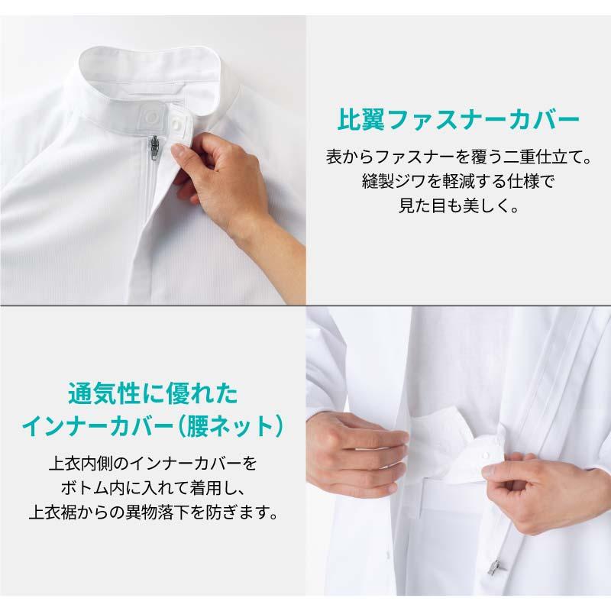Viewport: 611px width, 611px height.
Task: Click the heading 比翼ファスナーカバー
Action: (458, 119)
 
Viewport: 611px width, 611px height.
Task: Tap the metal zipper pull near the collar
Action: (155, 147)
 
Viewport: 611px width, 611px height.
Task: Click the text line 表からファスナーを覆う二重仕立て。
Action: (458, 157)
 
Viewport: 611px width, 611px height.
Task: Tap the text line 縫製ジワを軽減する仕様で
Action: (458, 181)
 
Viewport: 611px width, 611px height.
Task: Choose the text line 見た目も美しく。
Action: (458, 205)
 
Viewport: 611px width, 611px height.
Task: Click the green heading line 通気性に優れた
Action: (153, 393)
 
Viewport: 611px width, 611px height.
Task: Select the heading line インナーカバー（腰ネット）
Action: (153, 427)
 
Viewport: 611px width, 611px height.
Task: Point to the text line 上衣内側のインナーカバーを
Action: (153, 464)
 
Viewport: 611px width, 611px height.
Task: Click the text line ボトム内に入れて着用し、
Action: (153, 488)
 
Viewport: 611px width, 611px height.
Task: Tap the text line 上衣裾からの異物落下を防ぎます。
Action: (153, 512)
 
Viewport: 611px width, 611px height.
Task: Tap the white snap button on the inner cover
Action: (486, 455)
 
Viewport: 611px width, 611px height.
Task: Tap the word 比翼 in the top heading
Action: (360, 119)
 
